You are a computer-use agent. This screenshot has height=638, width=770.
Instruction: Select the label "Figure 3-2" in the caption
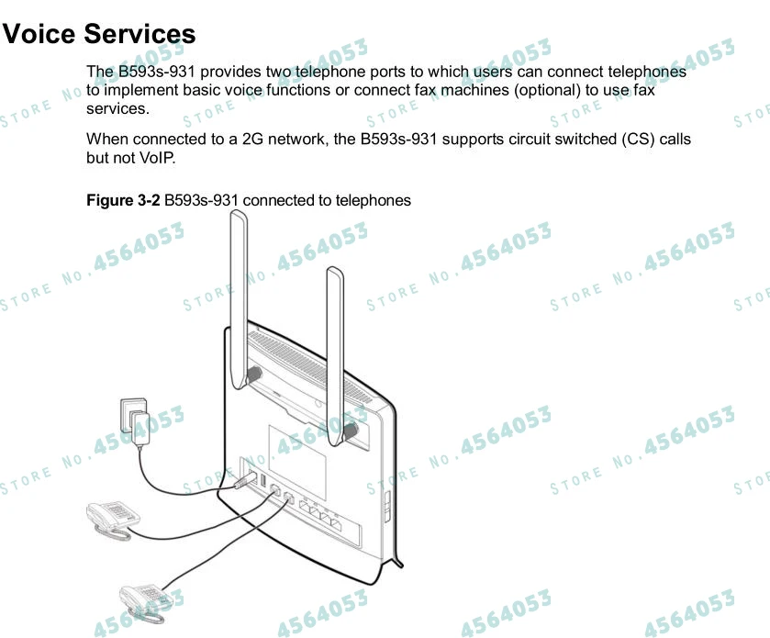pos(123,200)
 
